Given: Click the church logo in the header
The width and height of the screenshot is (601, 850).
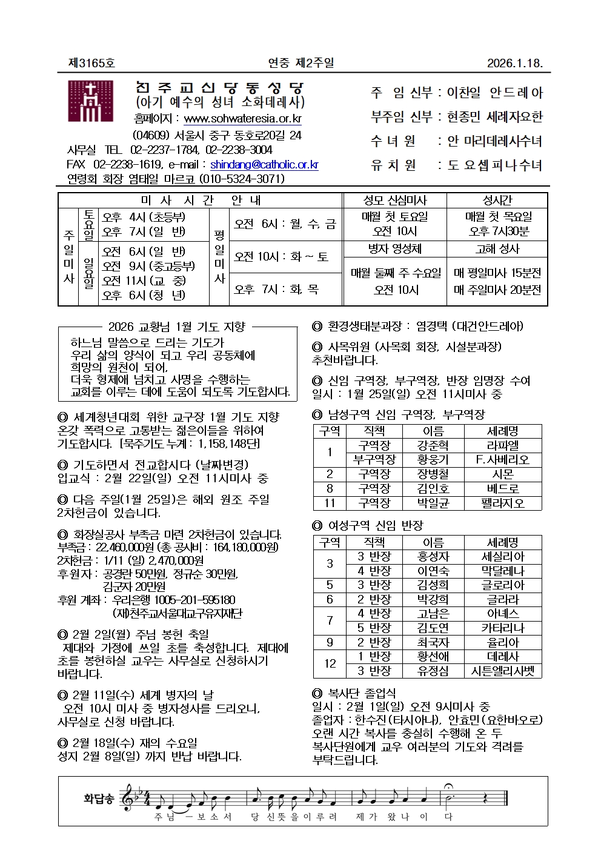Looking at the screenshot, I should point(90,101).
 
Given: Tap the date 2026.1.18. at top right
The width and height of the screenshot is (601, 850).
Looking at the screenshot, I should point(514,63).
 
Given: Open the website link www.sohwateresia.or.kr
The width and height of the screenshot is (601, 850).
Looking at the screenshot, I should point(242,119).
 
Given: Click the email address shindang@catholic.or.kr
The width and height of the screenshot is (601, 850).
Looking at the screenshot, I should point(264,164).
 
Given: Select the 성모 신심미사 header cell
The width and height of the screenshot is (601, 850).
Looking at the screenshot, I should point(395,201).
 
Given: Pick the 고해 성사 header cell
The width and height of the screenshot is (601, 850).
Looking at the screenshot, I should point(497,248).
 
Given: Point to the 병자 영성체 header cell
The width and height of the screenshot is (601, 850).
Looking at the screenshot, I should point(395,248).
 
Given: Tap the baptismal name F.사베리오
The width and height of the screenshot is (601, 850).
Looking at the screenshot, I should point(502,460).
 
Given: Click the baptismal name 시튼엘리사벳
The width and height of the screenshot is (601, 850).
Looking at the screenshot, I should point(502,671).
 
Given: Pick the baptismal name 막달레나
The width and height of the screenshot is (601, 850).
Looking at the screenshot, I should point(502,571).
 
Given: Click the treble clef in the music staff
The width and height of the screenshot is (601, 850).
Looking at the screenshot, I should point(128,799).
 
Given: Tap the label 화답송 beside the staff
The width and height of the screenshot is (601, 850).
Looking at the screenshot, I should point(99,799).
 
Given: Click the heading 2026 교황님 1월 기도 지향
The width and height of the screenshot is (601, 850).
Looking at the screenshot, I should point(177,327).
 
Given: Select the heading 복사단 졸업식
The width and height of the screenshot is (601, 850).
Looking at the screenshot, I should point(362,693).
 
